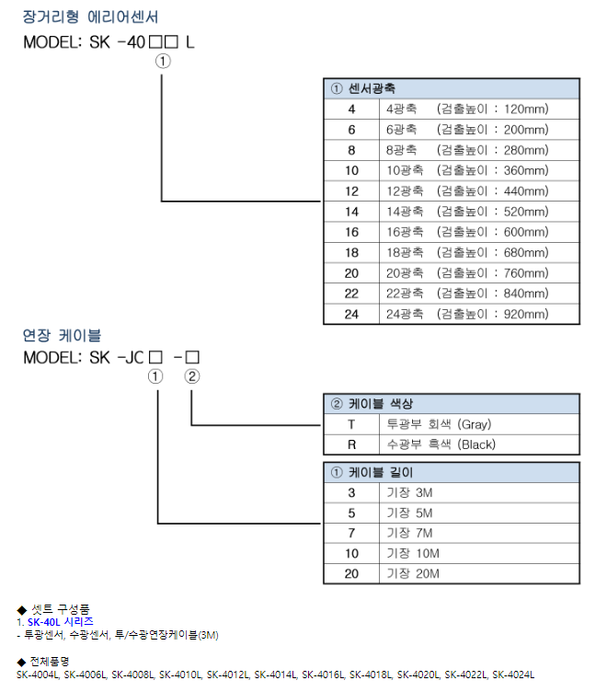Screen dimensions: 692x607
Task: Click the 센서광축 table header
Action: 363,88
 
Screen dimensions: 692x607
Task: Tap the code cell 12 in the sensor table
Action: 351,191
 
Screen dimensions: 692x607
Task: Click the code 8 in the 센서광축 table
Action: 351,150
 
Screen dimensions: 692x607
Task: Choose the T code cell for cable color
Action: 351,424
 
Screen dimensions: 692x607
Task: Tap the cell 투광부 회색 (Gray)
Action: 440,424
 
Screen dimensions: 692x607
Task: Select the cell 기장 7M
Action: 409,533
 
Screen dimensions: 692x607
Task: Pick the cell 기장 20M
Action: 413,573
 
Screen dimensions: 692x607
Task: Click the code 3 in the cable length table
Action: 351,492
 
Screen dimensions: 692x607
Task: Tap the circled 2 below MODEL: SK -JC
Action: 191,375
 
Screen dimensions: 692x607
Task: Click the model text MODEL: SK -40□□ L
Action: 109,41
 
